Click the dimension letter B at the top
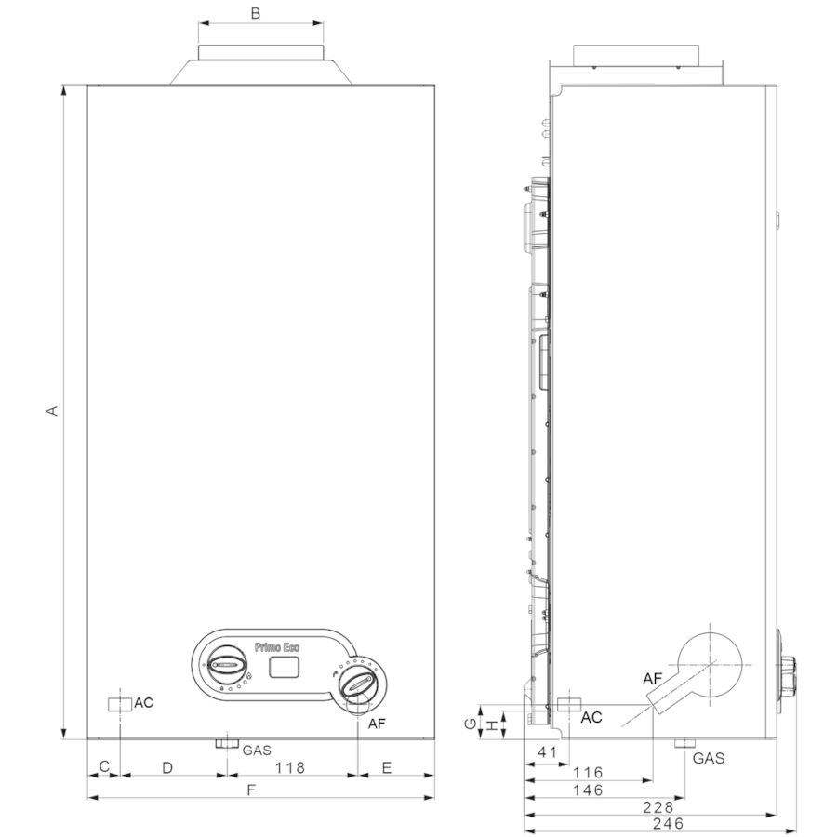pos(255,13)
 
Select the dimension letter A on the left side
pos(52,410)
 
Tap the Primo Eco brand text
pos(277,647)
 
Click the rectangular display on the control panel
pos(284,667)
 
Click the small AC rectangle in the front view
pos(120,705)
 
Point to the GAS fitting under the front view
pos(227,744)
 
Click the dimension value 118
pos(290,767)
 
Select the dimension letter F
pos(251,790)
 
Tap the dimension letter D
pos(167,767)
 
